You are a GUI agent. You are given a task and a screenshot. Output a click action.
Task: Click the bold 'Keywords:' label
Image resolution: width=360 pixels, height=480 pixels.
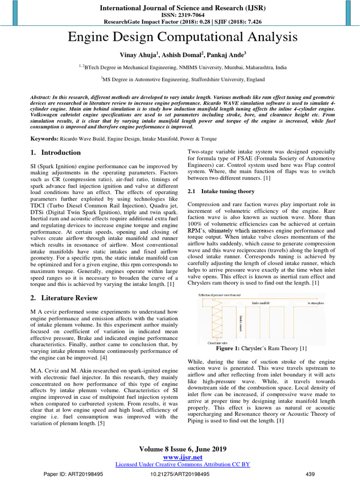45,139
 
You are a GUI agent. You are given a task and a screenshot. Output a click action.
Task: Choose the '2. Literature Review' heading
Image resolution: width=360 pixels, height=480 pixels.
64,298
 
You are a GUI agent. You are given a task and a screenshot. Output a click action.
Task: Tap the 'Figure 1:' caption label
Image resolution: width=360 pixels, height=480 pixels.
228,348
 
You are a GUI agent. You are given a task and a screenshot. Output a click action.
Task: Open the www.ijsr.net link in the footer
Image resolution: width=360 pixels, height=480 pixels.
182,457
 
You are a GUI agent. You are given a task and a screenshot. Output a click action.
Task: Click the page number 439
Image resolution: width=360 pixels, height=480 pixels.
310,474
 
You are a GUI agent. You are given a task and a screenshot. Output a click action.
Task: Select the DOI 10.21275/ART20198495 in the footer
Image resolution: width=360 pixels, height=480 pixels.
180,474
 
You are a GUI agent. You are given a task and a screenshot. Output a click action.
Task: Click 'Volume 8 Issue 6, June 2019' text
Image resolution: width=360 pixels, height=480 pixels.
182,449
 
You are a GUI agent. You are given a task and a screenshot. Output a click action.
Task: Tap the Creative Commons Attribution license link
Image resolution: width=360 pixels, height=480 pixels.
182,464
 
